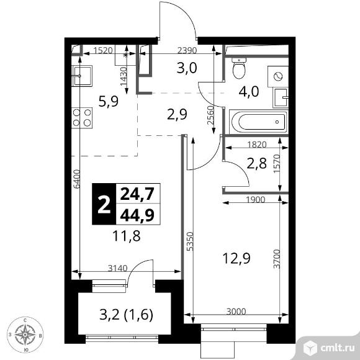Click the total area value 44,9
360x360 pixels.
(137, 215)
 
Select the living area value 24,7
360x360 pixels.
(137, 194)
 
